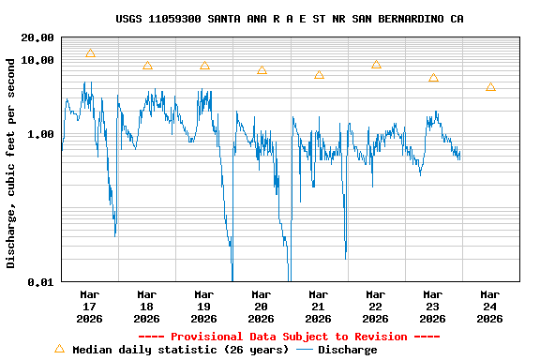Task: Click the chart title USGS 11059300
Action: coord(289,19)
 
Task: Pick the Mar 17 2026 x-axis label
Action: coord(90,306)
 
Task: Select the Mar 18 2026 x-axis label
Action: coord(147,306)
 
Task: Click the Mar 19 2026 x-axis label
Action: coord(204,306)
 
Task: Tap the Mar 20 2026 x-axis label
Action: coord(262,306)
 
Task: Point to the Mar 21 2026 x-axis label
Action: coord(319,306)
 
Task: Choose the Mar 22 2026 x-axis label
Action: coord(376,306)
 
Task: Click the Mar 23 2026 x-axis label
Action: coord(433,306)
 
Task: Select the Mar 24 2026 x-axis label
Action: coord(490,306)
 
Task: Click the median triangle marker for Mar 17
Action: coord(90,53)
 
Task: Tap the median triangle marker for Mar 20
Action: coord(262,70)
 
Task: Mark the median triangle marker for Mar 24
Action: coord(490,87)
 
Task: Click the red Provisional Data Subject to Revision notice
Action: coord(289,337)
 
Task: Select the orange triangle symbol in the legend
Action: coord(59,349)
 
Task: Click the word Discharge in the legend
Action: coord(347,350)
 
